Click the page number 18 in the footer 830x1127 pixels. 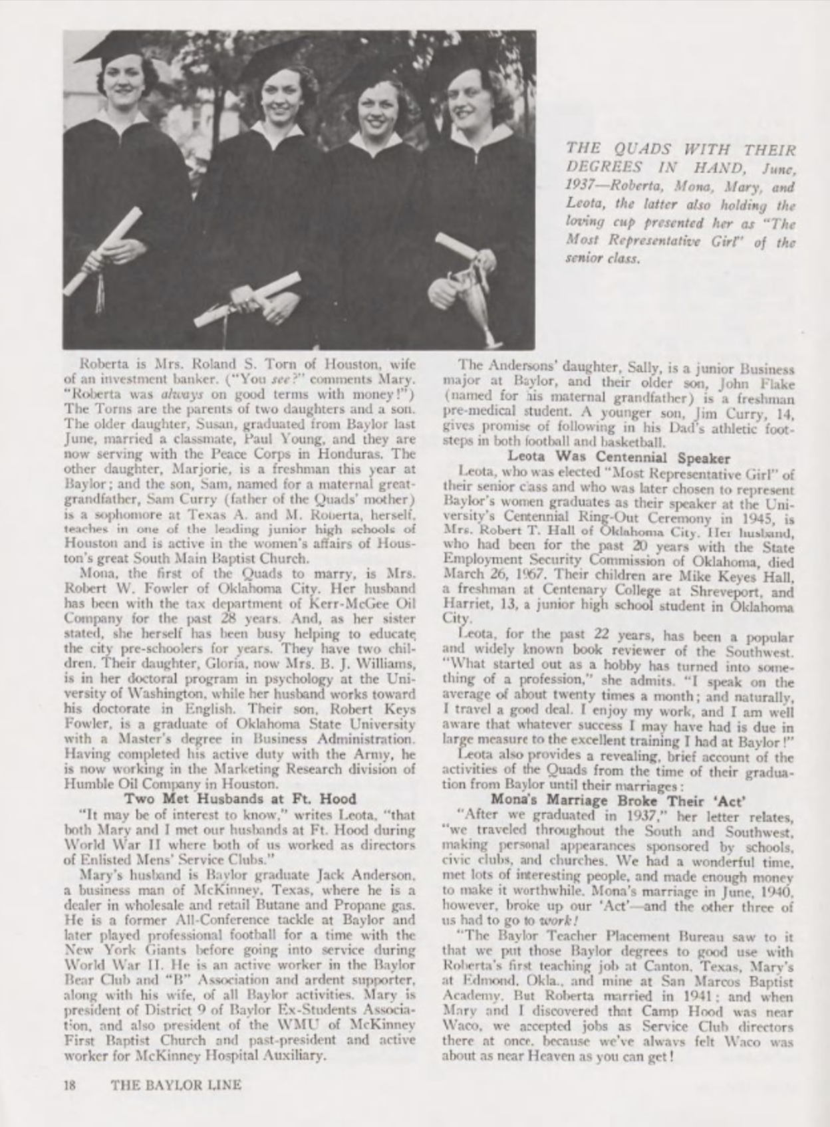[x=69, y=1085]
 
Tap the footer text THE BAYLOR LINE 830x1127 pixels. [x=176, y=1085]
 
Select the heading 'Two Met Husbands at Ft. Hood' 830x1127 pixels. [x=241, y=799]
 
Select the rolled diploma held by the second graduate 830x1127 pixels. [x=247, y=299]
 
